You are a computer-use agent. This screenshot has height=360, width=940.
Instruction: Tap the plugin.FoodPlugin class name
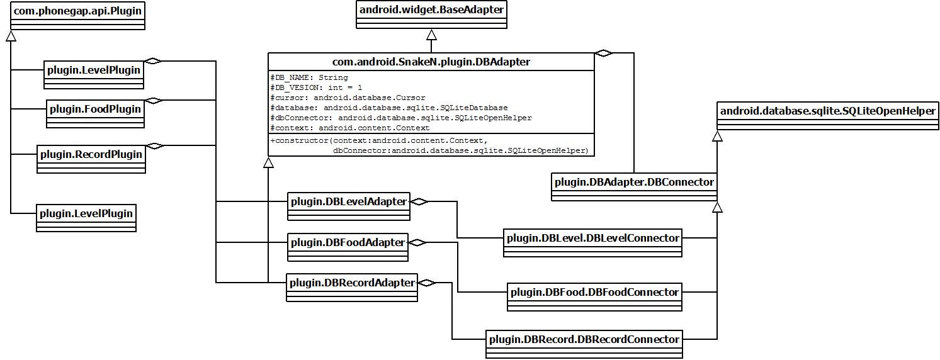pos(95,110)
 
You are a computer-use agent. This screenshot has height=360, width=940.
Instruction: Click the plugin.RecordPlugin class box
pos(91,155)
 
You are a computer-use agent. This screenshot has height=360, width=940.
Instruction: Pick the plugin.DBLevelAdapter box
pos(348,202)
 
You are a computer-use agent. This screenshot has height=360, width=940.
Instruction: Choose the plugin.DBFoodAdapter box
pos(348,243)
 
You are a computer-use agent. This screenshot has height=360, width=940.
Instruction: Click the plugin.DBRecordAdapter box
pos(351,283)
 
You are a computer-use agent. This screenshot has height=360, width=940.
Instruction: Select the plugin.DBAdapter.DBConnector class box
pos(634,183)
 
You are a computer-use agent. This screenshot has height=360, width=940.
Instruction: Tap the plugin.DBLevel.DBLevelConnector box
pos(592,239)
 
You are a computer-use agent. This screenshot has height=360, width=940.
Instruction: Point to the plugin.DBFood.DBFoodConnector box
pos(594,293)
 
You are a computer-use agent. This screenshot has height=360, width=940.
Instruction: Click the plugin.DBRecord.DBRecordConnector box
pos(584,340)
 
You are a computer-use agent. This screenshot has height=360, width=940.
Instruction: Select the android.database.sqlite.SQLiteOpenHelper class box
pos(827,111)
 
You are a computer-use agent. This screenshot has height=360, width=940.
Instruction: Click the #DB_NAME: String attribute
pos(309,77)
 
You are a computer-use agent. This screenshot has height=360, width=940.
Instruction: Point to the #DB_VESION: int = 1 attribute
pos(316,87)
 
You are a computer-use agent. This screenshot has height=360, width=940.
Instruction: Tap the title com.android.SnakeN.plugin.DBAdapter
pos(431,62)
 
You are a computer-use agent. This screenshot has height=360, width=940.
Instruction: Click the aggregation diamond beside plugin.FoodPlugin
pos(153,101)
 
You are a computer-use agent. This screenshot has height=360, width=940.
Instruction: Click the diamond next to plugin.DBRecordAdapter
pos(427,283)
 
